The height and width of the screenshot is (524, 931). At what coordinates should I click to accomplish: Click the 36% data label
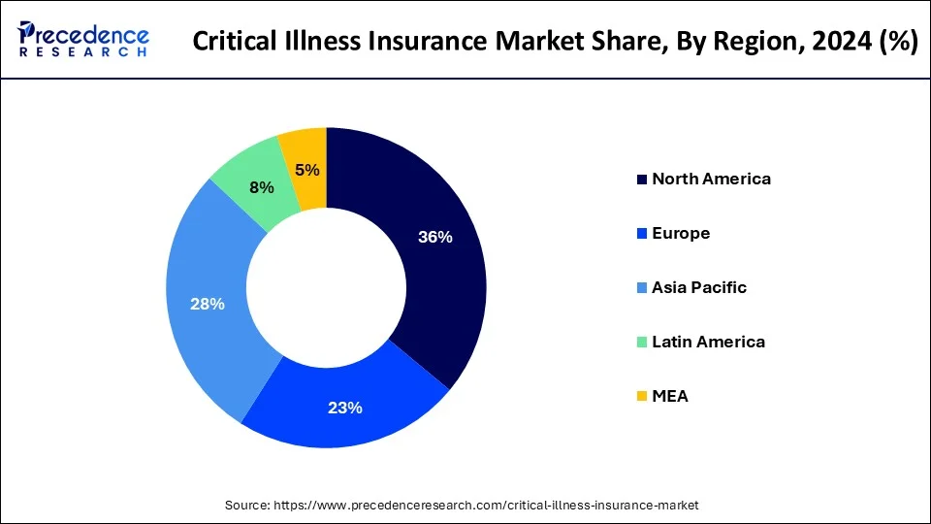(x=434, y=237)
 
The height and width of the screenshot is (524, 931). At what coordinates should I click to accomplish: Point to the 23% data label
(x=344, y=408)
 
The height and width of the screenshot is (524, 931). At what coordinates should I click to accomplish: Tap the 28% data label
(x=208, y=304)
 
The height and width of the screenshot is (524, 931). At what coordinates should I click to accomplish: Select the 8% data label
(x=261, y=188)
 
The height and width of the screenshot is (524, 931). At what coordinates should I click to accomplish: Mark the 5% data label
(x=307, y=171)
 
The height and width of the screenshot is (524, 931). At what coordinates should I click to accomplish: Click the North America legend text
(x=711, y=179)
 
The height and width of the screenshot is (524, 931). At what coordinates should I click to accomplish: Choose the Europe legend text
(x=681, y=233)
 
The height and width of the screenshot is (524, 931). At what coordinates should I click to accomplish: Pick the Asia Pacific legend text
(x=699, y=287)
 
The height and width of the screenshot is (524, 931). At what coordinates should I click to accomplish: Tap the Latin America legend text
(x=708, y=342)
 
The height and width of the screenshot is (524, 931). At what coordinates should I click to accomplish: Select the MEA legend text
(x=670, y=396)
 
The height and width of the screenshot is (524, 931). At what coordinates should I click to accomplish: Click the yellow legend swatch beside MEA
(x=642, y=397)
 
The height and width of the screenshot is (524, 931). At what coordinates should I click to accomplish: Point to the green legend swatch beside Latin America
(x=642, y=343)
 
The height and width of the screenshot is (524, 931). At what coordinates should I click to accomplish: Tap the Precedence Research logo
(x=83, y=39)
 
